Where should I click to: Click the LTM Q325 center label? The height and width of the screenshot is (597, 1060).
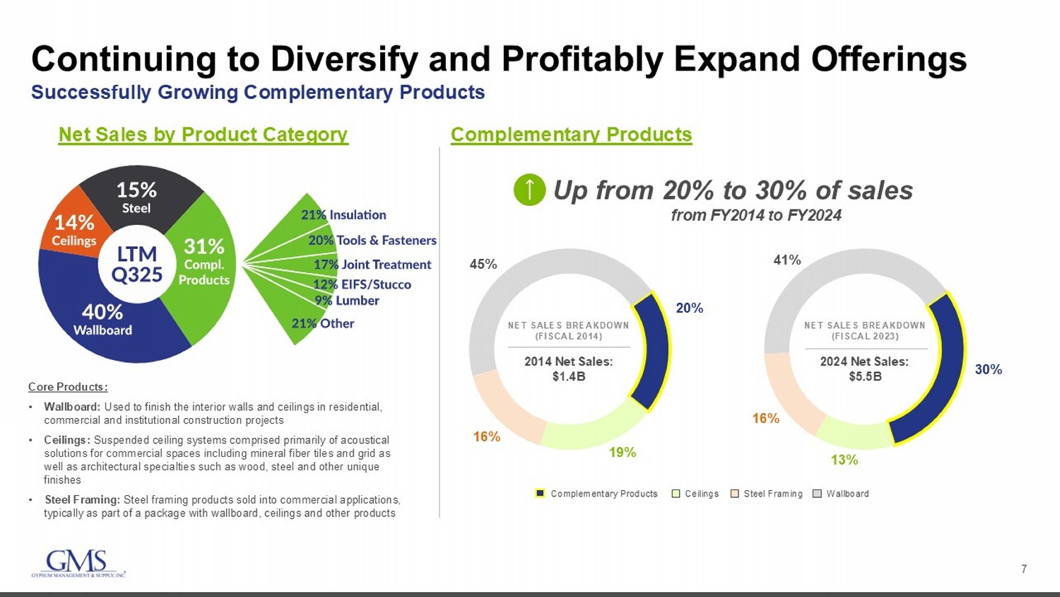click(137, 264)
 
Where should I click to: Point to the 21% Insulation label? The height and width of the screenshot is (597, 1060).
click(343, 215)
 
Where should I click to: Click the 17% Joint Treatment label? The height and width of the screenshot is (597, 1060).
click(372, 265)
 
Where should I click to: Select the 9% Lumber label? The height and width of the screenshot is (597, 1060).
click(347, 301)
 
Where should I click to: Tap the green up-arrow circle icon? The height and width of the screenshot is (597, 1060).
click(529, 190)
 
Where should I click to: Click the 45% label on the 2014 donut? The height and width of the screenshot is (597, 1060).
click(483, 264)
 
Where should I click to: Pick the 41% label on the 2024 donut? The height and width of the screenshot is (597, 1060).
click(787, 260)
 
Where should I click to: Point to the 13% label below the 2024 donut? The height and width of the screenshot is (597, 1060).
click(844, 460)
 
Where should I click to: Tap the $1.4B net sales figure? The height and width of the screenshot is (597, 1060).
click(568, 376)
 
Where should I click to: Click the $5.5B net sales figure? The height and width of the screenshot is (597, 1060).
click(864, 376)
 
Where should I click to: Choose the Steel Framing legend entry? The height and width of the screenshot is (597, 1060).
click(767, 494)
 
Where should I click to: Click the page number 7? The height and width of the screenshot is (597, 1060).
click(1024, 569)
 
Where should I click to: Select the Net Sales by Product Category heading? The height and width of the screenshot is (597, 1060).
click(203, 134)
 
